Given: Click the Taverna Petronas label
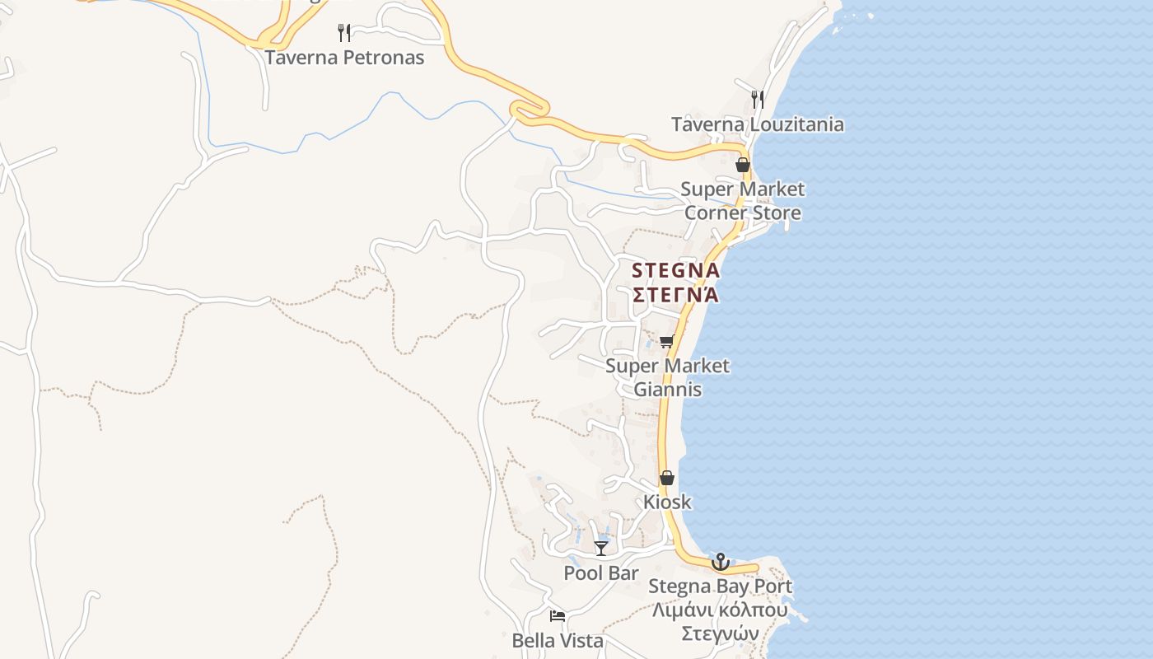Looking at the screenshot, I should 344,58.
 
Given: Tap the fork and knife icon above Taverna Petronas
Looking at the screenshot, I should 344,33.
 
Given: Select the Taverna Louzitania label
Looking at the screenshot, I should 757,124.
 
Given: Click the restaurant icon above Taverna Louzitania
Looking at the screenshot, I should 758,100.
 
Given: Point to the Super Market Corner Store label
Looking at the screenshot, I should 742,201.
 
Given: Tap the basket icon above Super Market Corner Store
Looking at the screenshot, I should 743,165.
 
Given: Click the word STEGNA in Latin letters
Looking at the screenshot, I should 675,270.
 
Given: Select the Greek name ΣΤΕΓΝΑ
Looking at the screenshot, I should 675,295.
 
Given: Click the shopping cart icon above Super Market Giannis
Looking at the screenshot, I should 666,341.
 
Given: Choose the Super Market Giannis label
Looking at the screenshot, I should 667,377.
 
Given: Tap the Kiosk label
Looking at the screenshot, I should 667,502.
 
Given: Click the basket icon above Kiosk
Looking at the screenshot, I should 667,478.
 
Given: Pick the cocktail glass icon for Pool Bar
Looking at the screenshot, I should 601,549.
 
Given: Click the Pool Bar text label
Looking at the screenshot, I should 601,573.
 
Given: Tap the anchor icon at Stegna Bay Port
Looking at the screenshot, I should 721,562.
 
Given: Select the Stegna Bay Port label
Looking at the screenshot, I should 721,587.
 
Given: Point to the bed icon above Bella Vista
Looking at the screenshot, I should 558,616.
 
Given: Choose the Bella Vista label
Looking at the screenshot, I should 558,641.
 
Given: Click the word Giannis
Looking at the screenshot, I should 667,390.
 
